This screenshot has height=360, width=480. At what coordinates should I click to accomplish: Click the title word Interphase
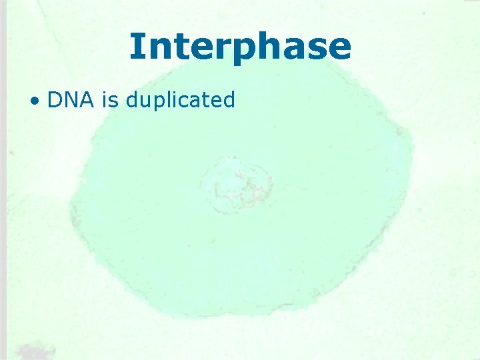(240, 47)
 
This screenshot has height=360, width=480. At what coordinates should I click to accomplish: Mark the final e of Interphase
(338, 49)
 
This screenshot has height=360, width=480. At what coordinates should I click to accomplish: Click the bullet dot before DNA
(34, 102)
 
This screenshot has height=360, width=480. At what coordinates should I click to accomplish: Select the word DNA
(71, 100)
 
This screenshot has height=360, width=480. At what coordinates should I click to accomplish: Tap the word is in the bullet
(111, 100)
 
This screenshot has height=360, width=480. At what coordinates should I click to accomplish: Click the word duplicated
(180, 101)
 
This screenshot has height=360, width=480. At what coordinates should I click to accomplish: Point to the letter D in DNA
(55, 100)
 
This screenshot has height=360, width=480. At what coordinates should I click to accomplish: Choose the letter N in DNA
(71, 100)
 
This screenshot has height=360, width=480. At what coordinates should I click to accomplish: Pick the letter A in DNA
(87, 100)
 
